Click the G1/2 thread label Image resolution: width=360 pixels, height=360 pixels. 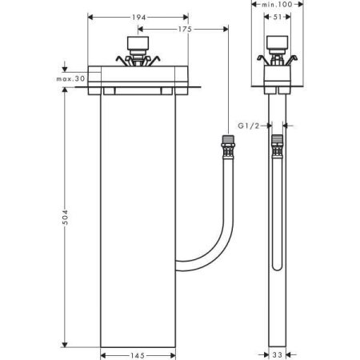[250, 126]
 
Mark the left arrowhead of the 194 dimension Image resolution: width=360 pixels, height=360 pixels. [90, 16]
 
